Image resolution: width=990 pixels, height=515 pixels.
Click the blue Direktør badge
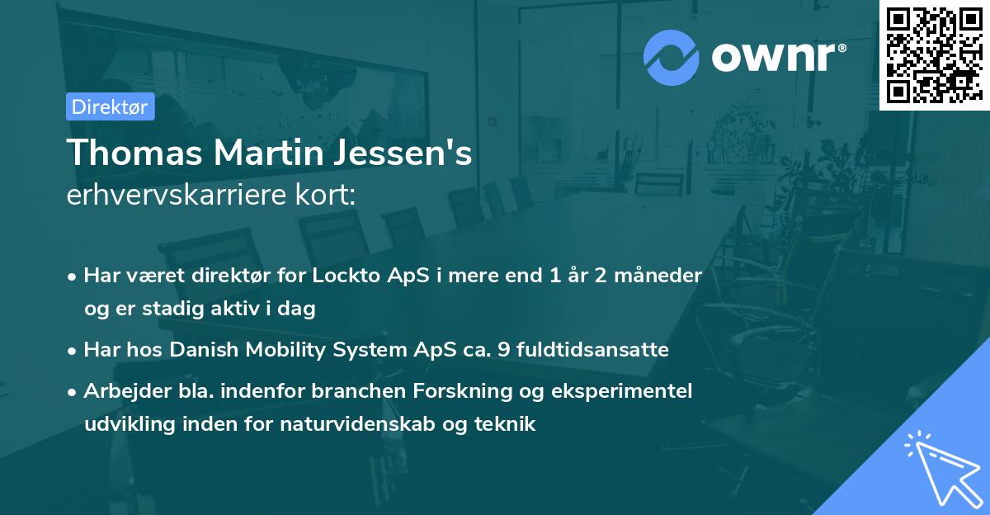(x=110, y=106)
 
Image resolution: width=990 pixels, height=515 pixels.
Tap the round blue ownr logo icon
(x=672, y=58)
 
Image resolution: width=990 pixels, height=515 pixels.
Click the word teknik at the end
(x=509, y=424)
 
